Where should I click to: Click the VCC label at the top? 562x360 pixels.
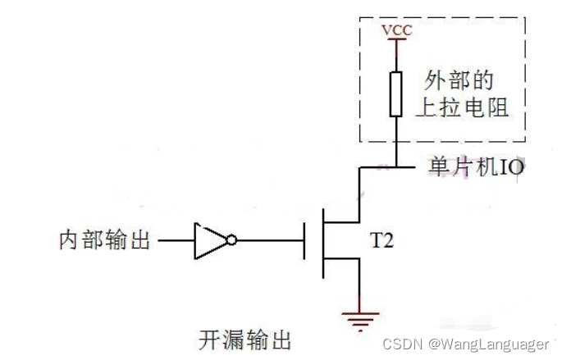point(396,31)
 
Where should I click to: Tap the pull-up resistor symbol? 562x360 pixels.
point(396,93)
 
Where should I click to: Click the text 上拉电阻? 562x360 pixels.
point(463,107)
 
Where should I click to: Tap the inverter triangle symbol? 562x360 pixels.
point(209,241)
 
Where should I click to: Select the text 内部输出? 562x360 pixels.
point(105,241)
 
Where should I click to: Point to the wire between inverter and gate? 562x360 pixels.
point(271,241)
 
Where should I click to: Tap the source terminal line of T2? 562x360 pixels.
point(359,283)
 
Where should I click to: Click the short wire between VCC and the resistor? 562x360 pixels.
point(396,55)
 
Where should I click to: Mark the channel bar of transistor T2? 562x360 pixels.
point(322,241)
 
